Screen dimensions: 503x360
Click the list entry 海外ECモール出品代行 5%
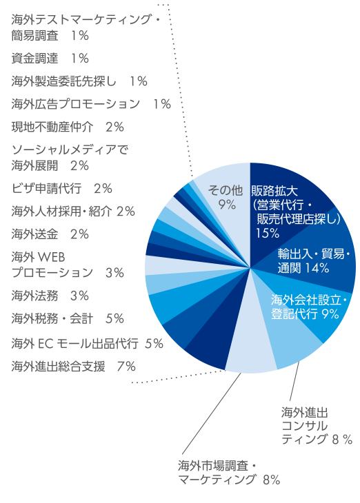pos(87,342)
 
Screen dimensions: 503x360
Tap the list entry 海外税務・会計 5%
pos(68,318)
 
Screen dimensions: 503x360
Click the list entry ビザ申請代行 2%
pos(61,188)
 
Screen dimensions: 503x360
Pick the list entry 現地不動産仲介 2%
pos(68,127)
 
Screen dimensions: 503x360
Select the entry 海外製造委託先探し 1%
pos(79,81)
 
